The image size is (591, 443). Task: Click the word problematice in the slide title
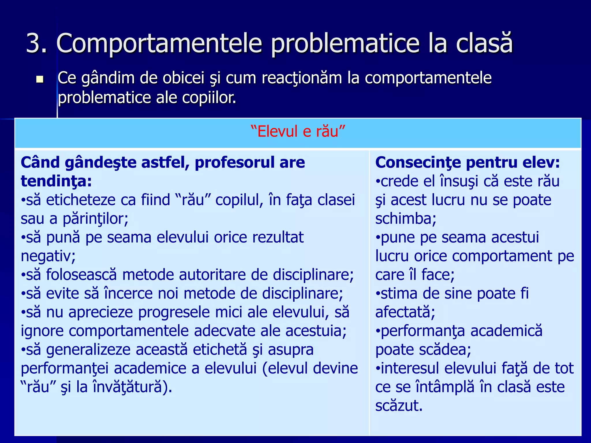point(345,44)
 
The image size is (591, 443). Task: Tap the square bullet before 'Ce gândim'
point(40,79)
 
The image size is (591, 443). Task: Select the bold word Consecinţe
point(418,162)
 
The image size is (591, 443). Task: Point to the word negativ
point(48,256)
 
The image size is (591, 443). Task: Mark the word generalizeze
point(88,350)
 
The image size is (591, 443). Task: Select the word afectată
point(405,312)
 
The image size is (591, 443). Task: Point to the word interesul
point(409,368)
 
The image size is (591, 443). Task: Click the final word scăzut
point(399,406)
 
